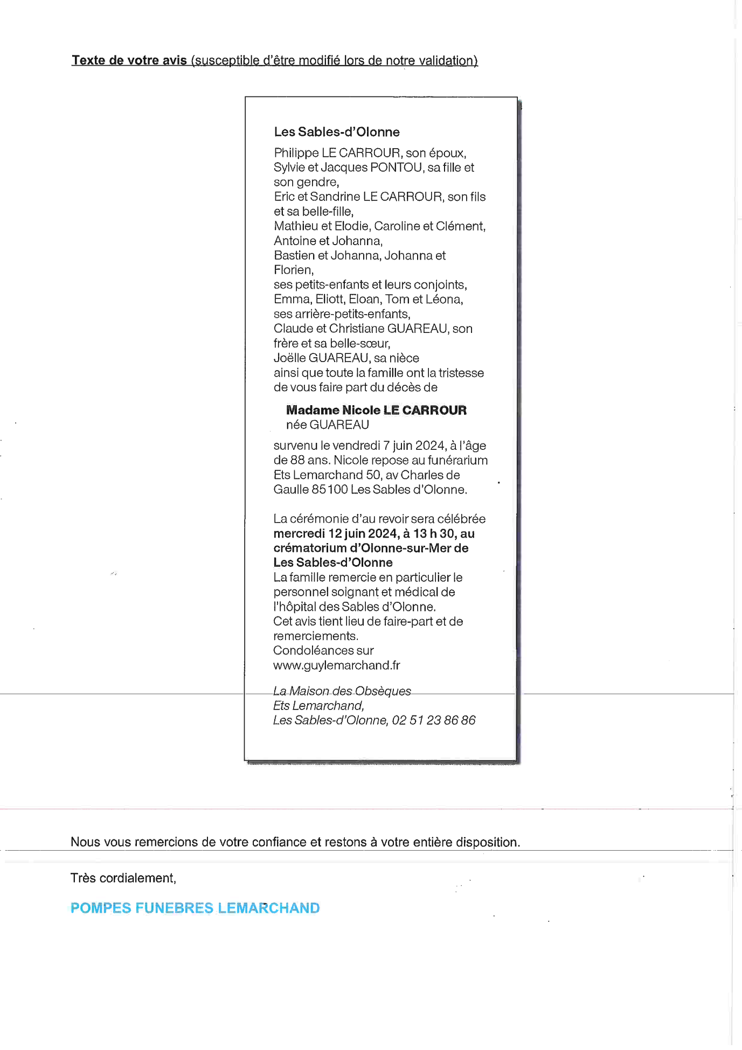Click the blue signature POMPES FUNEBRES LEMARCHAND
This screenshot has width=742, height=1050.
195,908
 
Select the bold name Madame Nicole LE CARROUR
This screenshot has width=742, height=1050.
376,410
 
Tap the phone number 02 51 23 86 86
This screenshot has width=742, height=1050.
434,720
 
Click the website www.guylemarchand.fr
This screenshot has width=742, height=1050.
337,665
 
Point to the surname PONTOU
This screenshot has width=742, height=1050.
396,168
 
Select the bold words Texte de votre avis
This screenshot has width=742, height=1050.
129,60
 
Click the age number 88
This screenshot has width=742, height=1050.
297,460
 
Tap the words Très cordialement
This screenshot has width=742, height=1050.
123,878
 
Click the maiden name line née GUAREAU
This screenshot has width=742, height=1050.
328,425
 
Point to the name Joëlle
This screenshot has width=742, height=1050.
289,358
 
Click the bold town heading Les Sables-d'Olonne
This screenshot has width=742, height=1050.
337,132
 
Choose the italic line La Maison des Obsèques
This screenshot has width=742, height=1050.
342,691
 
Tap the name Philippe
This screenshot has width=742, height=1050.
296,153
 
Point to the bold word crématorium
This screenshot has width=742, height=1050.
310,548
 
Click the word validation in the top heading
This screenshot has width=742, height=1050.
446,60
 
